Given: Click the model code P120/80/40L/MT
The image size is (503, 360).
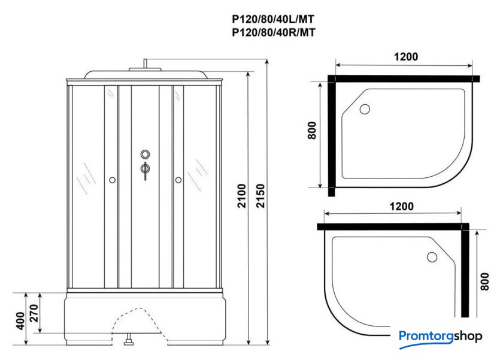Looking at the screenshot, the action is [x=273, y=19].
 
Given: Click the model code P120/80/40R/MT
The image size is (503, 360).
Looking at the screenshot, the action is [x=274, y=32].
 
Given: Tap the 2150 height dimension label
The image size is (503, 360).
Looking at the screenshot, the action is [x=260, y=196].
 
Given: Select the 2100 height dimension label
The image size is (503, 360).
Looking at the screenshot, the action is [x=241, y=196].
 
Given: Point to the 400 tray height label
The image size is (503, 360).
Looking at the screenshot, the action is [x=20, y=321].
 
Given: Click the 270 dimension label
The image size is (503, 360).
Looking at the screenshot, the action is [x=34, y=313].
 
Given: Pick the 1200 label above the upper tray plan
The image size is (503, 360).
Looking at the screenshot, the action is [x=406, y=57].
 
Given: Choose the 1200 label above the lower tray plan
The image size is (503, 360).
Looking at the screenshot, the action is [x=401, y=206].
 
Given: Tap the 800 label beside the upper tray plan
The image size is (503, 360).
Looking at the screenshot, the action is [x=312, y=130].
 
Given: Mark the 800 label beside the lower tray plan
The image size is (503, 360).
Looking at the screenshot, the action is [x=484, y=282].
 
